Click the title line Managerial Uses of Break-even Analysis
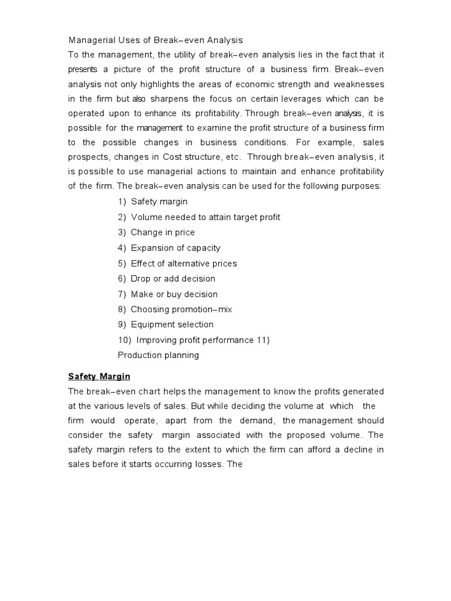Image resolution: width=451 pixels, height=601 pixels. [x=155, y=40]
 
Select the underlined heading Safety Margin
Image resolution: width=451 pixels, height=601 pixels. [x=99, y=376]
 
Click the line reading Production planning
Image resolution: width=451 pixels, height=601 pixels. [x=158, y=355]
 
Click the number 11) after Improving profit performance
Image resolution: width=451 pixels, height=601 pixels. [x=262, y=340]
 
